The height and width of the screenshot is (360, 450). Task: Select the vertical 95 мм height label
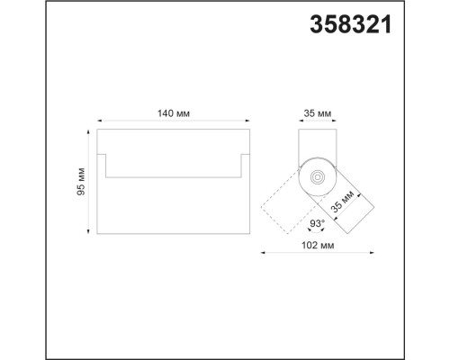tap(81, 182)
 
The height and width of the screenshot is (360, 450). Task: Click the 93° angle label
tap(316, 223)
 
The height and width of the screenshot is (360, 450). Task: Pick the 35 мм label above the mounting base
tap(319, 114)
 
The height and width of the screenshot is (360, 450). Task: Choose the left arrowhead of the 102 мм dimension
tap(263, 253)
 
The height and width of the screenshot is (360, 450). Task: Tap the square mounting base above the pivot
tap(317, 144)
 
